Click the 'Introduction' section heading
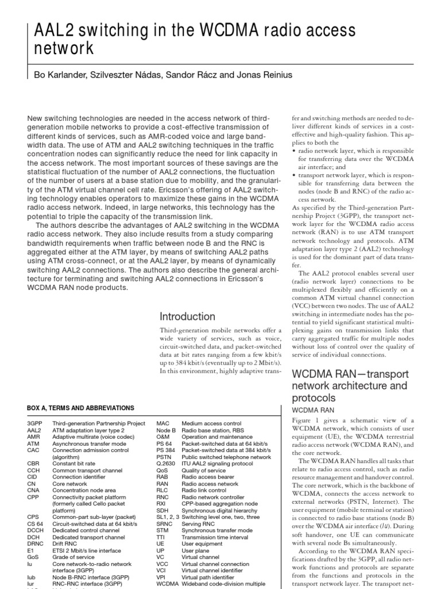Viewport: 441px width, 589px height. click(x=187, y=316)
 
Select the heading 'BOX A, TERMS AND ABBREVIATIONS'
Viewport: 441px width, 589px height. click(x=81, y=408)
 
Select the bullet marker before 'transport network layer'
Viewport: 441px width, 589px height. click(x=294, y=175)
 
